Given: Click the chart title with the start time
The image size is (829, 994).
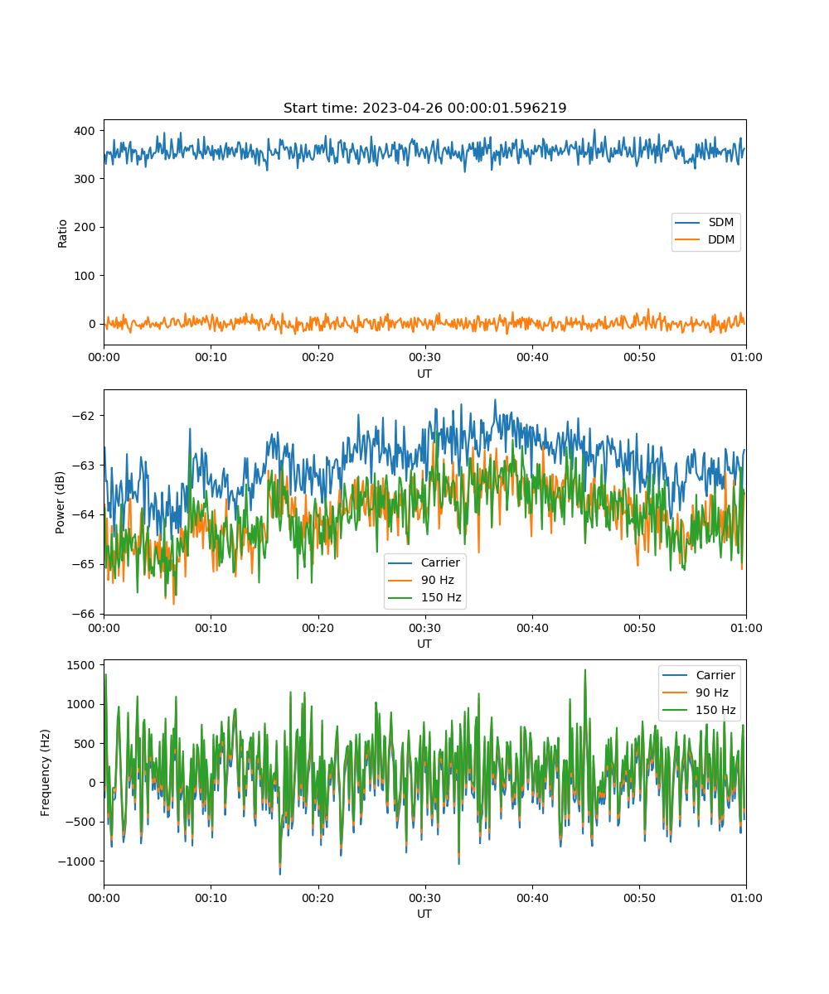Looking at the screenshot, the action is (x=424, y=108).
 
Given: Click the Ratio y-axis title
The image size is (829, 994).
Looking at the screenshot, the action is (x=62, y=234).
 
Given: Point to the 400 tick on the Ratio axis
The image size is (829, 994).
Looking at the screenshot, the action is (x=85, y=131).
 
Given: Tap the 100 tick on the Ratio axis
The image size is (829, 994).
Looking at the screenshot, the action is (x=85, y=276).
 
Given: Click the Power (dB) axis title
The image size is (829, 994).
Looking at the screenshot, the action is (x=60, y=502).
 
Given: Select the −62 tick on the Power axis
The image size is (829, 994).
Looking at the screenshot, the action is (x=84, y=416).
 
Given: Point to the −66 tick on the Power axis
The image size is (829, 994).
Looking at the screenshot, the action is (x=84, y=614).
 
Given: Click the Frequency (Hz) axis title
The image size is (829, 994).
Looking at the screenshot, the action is (x=46, y=773).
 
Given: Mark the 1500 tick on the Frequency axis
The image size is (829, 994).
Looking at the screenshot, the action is (x=81, y=665).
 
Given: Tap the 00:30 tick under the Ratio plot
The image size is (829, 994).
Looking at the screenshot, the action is (x=425, y=357).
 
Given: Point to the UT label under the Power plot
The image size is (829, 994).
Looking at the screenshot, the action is (x=424, y=644).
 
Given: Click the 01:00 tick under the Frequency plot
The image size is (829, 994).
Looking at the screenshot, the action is (x=746, y=898).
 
